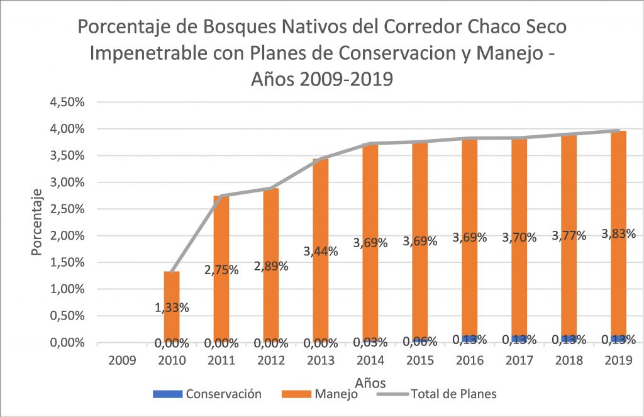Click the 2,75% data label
[x=221, y=270]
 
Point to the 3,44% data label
[x=321, y=252]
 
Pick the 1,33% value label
[x=172, y=308]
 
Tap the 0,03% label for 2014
[x=370, y=342]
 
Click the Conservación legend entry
[x=222, y=394]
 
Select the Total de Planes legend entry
[x=453, y=394]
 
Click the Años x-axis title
[x=370, y=382]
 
